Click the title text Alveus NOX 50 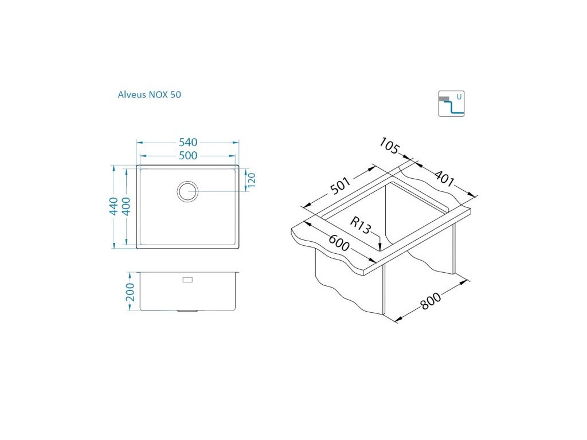coord(150,95)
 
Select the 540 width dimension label coord(188,143)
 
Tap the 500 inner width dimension coord(188,156)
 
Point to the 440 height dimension coord(114,206)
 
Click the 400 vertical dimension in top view coord(127,206)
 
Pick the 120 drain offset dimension coord(251,180)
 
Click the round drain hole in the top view coord(187,191)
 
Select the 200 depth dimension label coord(130,292)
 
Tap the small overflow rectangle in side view coord(187,280)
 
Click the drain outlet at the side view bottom coord(187,311)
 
